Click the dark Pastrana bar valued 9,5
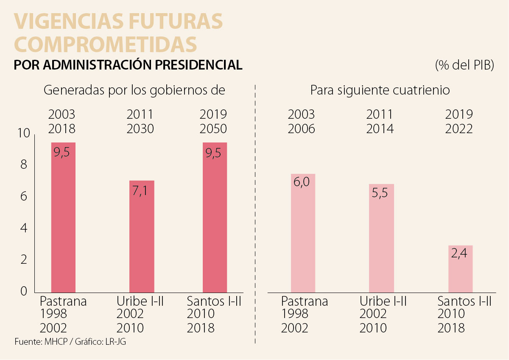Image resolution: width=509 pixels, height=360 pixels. point(63,217)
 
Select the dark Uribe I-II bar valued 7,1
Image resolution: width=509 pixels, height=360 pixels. point(142,236)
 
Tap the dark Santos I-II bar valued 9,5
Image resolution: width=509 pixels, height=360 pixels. point(215,217)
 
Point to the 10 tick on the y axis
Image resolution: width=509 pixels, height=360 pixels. point(24,134)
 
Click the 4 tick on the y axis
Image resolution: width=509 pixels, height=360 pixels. point(24,228)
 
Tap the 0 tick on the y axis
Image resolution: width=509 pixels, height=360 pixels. point(24,291)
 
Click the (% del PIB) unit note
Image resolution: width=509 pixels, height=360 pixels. point(464,66)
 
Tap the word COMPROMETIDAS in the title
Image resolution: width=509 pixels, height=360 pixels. point(106,44)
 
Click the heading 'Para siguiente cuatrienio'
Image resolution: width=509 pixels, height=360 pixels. point(380,90)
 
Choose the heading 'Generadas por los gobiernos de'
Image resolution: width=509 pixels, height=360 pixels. point(134,90)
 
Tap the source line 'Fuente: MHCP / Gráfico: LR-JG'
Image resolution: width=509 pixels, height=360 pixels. point(70,342)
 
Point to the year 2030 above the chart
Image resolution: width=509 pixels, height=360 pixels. point(140,128)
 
